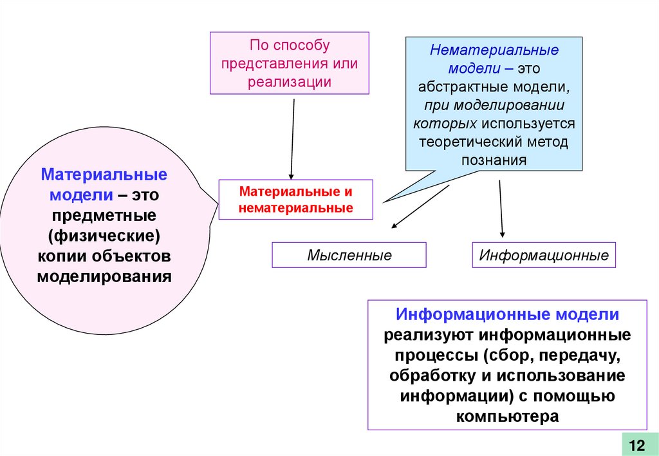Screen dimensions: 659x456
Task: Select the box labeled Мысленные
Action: (349, 255)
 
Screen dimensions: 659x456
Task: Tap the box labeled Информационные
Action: (544, 255)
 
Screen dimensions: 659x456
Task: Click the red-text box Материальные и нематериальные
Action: (296, 200)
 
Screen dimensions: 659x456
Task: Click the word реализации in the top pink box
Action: (289, 82)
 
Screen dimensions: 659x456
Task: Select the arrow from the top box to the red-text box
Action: (293, 138)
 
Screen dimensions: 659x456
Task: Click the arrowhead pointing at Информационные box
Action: (503, 234)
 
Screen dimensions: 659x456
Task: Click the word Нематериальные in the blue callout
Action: (494, 50)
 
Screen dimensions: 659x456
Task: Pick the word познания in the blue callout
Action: (494, 160)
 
